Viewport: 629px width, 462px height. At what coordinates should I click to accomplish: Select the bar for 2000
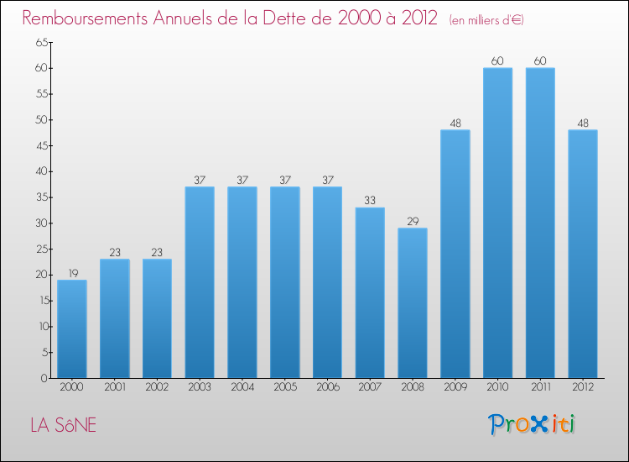pyautogui.click(x=72, y=328)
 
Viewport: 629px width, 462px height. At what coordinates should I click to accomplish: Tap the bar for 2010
pyautogui.click(x=497, y=223)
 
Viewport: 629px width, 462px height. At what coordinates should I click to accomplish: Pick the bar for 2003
pyautogui.click(x=200, y=282)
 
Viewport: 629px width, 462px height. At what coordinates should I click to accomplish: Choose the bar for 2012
pyautogui.click(x=583, y=254)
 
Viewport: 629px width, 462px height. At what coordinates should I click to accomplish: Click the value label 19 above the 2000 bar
pyautogui.click(x=72, y=273)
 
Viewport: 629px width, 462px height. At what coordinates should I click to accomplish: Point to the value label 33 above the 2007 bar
pyautogui.click(x=370, y=201)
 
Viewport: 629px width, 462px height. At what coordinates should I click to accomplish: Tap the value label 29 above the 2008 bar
pyautogui.click(x=413, y=222)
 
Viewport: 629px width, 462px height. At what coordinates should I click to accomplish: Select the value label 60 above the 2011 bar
pyautogui.click(x=540, y=60)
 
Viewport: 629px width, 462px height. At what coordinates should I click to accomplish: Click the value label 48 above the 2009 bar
pyautogui.click(x=455, y=123)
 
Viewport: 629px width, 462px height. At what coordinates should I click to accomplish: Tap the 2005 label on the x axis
pyautogui.click(x=284, y=387)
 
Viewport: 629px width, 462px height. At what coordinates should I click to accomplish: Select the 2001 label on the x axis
pyautogui.click(x=114, y=387)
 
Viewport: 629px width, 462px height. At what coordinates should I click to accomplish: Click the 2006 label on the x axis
pyautogui.click(x=327, y=387)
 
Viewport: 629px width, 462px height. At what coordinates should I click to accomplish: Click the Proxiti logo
pyautogui.click(x=532, y=424)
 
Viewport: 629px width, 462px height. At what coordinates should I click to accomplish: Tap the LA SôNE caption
pyautogui.click(x=64, y=426)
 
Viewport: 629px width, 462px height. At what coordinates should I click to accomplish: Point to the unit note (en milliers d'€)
pyautogui.click(x=486, y=20)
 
